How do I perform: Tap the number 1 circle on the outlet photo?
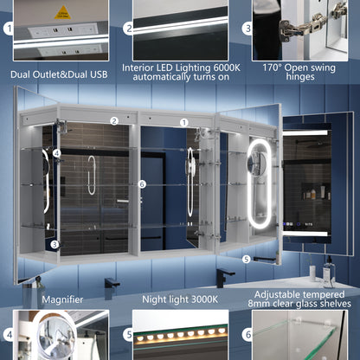coord(9,29)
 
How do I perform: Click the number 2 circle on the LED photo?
coord(128,29)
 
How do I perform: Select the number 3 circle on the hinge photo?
coord(247,29)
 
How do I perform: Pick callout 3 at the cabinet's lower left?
coord(55,245)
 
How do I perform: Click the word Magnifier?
coord(62,299)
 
